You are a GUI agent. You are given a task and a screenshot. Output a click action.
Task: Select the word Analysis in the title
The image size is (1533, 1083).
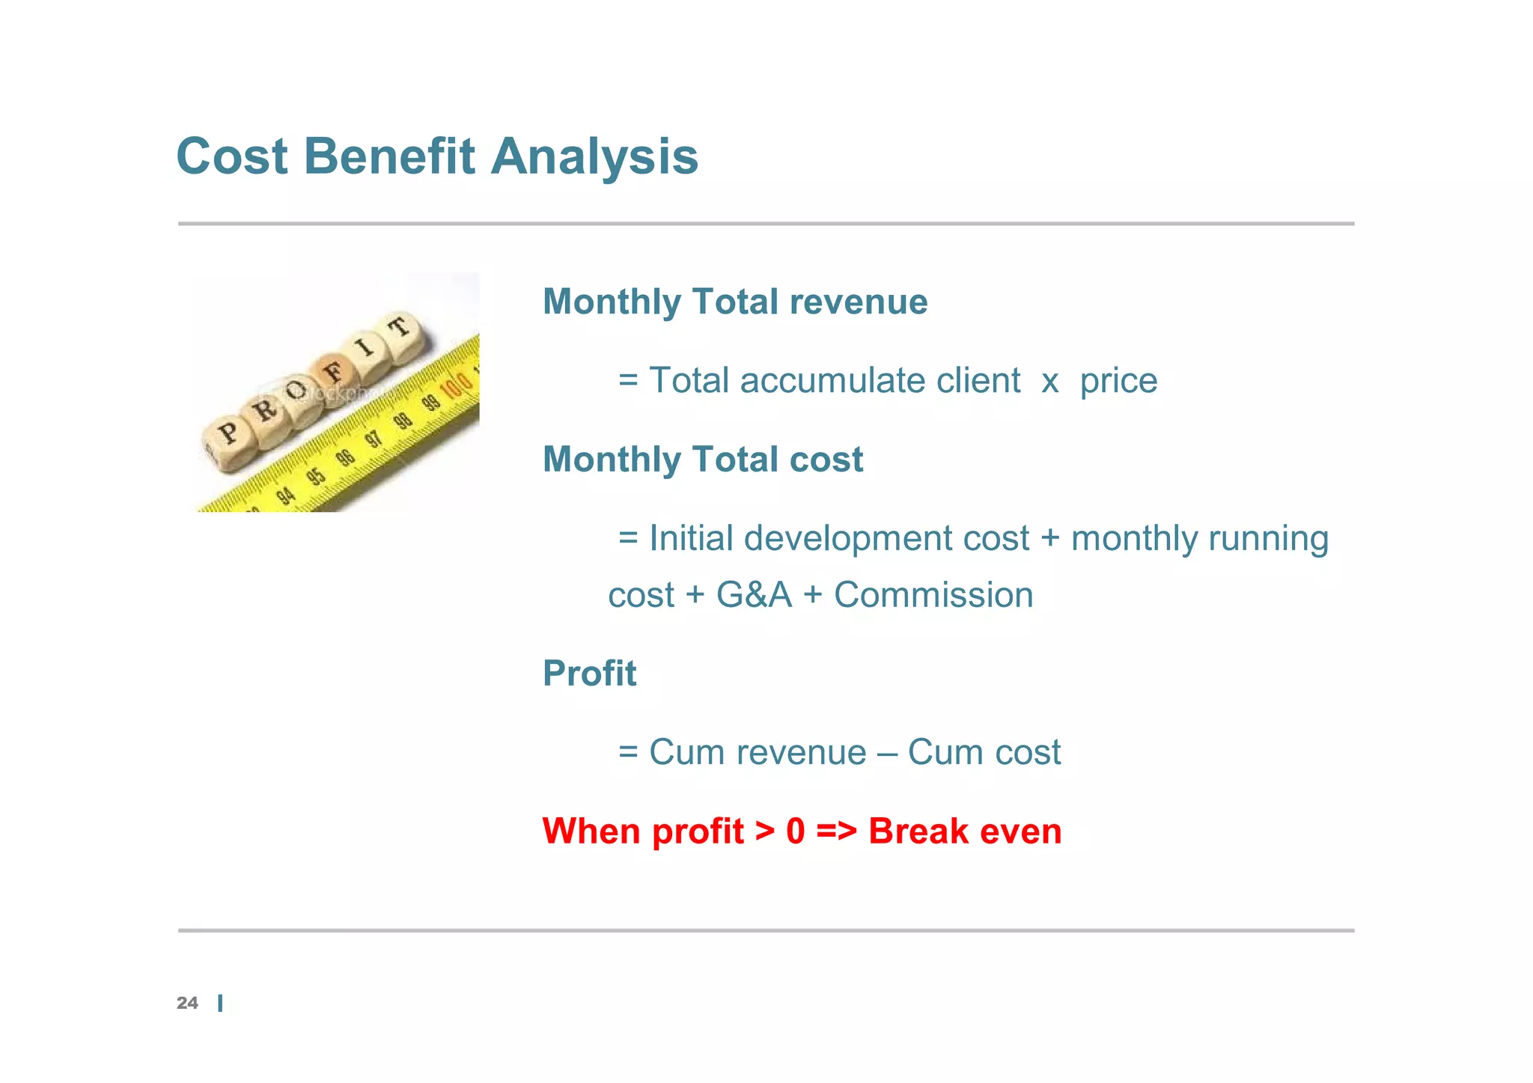pos(594,156)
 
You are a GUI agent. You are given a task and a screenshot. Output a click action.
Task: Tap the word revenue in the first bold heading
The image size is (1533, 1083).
pos(858,302)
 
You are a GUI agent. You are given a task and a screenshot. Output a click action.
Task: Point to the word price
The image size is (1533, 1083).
pos(1118,380)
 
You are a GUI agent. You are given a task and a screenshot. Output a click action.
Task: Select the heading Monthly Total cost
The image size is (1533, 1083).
pos(703,459)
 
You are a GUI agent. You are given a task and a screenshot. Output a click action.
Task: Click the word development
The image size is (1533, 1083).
pos(849,538)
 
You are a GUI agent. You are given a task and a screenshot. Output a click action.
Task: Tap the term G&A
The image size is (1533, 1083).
pos(753,595)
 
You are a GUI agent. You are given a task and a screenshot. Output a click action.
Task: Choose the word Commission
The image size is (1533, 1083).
pos(933,595)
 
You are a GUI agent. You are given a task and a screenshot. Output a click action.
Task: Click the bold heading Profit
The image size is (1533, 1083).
pos(589,673)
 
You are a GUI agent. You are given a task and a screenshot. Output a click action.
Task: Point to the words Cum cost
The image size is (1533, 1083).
pos(984,751)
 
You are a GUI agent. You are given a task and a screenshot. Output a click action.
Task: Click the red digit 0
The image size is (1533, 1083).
pos(795,831)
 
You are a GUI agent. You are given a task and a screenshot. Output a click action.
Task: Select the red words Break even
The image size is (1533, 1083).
pos(964,831)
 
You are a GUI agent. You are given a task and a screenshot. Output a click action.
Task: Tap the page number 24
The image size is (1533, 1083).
pos(187,1003)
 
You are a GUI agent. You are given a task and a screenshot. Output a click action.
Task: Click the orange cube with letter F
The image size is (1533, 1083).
pos(332,370)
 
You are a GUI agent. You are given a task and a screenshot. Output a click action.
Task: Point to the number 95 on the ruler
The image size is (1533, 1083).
pos(317,476)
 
